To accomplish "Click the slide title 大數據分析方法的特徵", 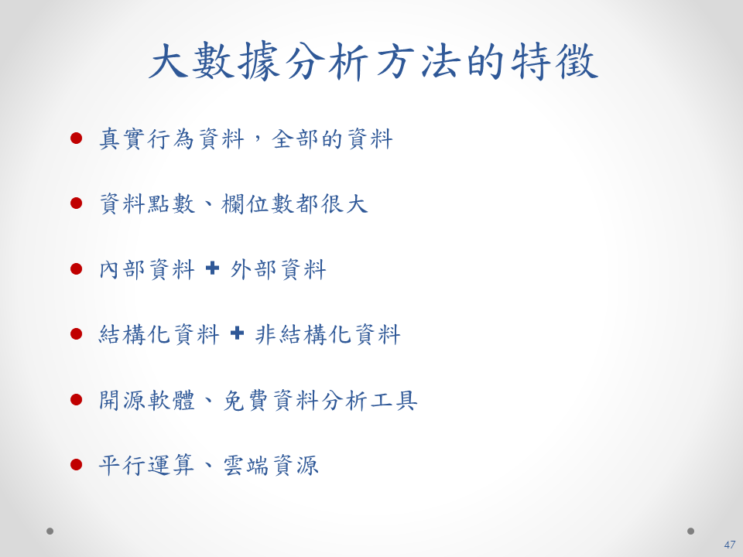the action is (x=373, y=61).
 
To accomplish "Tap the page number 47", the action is (x=729, y=545).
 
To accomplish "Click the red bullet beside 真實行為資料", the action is (x=77, y=138).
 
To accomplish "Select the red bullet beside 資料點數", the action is (x=77, y=203).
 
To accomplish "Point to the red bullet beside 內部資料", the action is (x=77, y=269).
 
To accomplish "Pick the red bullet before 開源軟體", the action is (x=77, y=400).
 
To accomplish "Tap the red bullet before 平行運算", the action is (x=77, y=465).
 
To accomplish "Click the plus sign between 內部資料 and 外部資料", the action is (x=213, y=268).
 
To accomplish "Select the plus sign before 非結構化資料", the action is (x=237, y=333).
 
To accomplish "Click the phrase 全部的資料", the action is (x=332, y=139).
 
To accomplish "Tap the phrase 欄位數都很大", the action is (x=294, y=204).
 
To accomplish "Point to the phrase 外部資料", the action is (x=278, y=269).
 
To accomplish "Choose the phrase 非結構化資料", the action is (x=328, y=335).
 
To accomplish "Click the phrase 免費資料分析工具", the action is (x=320, y=401).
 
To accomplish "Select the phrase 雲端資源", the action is (x=271, y=466).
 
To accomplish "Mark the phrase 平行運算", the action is (x=146, y=466).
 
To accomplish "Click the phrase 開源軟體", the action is (x=147, y=401).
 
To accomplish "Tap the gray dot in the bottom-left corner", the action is (x=50, y=531).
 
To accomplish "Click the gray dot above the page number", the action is (x=690, y=531).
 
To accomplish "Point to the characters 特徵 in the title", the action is (x=554, y=61).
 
